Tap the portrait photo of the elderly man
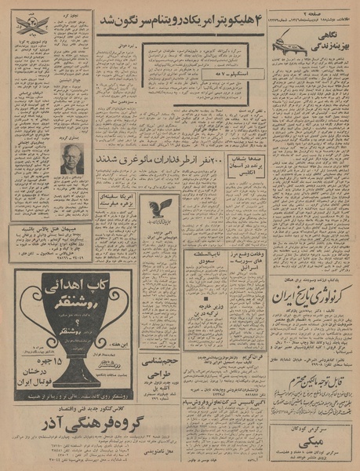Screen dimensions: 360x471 point(73,159)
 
